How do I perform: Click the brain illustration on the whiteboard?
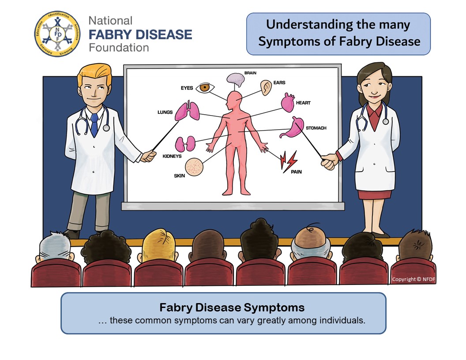(236, 80)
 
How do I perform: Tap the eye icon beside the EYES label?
(205, 87)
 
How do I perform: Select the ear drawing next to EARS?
(265, 87)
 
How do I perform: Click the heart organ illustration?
(287, 103)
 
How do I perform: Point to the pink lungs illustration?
(188, 111)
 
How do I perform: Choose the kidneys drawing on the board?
(185, 144)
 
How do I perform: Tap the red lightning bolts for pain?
(289, 161)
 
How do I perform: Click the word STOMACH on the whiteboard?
(316, 128)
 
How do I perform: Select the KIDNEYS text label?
(172, 156)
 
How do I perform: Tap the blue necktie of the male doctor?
(94, 125)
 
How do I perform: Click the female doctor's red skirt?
(374, 195)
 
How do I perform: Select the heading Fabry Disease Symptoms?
(232, 307)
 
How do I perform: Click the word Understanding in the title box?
(304, 25)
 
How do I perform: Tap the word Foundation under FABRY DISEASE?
(118, 47)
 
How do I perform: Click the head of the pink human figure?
(234, 98)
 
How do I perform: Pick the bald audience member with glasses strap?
(312, 243)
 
